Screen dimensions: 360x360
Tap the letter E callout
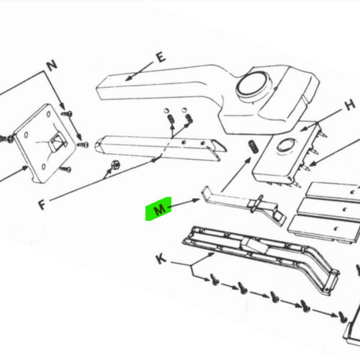[161, 57]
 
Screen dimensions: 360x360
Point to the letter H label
[349, 105]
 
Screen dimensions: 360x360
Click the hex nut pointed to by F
[112, 169]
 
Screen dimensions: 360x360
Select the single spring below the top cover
[253, 147]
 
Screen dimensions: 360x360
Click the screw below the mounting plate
[66, 171]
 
